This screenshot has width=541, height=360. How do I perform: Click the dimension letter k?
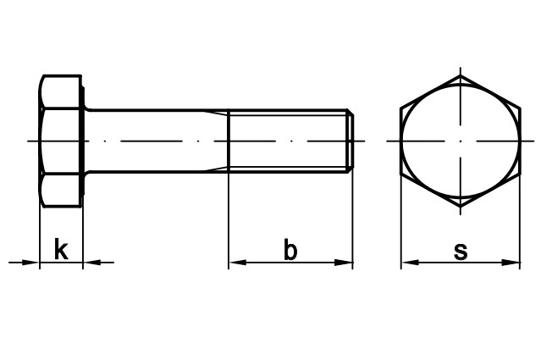coord(61,250)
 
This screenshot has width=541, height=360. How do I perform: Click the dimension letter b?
coord(290,250)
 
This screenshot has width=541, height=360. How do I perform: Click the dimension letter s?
coord(461,251)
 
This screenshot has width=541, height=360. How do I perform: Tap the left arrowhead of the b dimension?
coord(235,263)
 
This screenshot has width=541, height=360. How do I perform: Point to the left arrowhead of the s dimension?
coord(407,263)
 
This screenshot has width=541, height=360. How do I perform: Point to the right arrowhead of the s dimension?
coord(514,263)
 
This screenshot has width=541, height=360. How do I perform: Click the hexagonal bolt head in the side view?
coord(61,141)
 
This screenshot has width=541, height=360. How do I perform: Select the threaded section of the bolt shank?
coord(288,141)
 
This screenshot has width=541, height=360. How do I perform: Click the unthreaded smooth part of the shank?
coord(157,141)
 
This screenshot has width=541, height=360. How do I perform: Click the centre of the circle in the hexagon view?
coord(461,141)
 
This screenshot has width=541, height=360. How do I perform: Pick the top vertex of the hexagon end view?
coord(461,75)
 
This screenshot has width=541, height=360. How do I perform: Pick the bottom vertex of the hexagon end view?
coord(461,206)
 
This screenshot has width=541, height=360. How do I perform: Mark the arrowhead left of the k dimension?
coord(33,263)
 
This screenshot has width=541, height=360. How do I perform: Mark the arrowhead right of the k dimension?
coord(90,263)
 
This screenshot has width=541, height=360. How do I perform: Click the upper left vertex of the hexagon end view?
coord(402,108)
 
